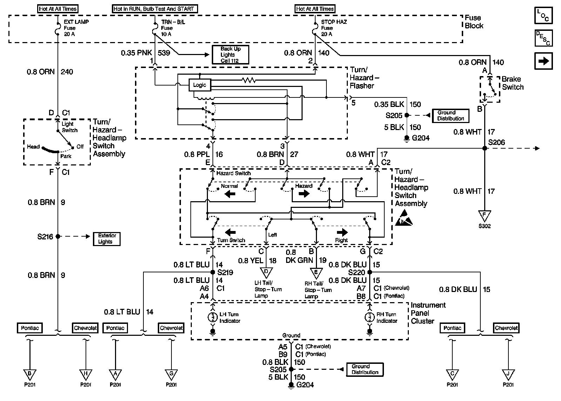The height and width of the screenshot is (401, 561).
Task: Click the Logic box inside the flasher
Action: point(200,85)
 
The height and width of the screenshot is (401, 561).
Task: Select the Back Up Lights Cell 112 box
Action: point(230,55)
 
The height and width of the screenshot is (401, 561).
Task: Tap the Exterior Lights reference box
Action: point(107,239)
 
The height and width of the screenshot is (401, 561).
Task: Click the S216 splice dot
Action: point(58,236)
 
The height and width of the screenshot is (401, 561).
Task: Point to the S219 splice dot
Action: point(212,272)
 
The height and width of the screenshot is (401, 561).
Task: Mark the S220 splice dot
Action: point(370,272)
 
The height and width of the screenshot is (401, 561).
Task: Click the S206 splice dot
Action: point(485,148)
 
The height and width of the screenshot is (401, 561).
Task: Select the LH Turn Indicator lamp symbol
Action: point(212,317)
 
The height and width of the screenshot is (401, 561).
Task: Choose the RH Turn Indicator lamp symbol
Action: point(370,317)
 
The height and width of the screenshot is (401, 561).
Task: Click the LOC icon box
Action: point(543,15)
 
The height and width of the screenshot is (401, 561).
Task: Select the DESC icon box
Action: point(543,38)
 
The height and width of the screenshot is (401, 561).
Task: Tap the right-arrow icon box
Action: point(543,61)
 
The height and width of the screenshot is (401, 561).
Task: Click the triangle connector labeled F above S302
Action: point(484,216)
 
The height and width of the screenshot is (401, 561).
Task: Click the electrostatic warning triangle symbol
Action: point(404,218)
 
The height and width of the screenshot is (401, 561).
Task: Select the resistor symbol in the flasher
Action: point(249,80)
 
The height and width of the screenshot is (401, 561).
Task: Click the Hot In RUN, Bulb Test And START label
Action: point(154,9)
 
